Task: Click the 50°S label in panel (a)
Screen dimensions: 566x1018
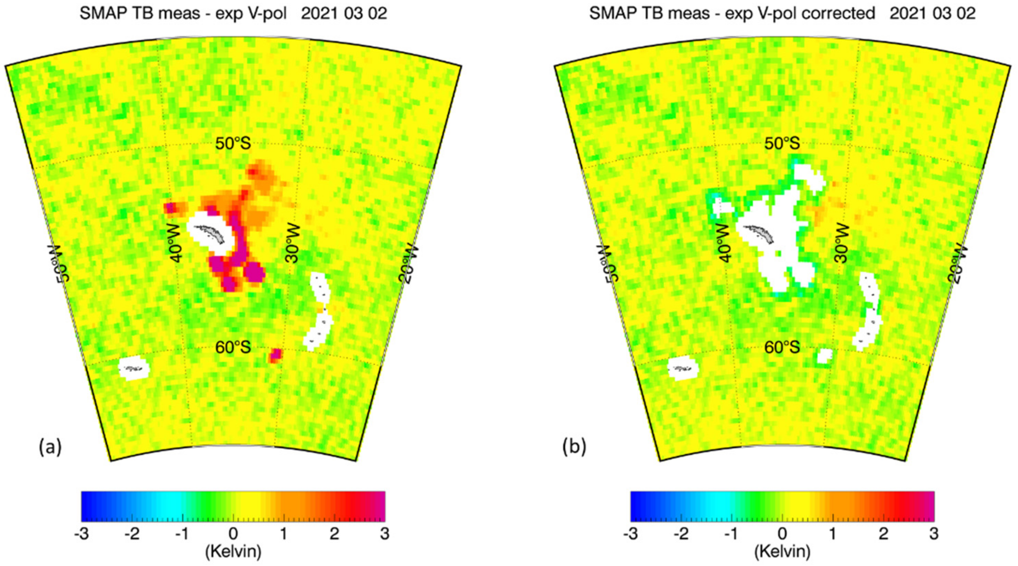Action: pyautogui.click(x=233, y=143)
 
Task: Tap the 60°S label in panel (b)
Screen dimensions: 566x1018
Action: pyautogui.click(x=782, y=347)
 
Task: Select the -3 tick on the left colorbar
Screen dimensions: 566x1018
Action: pyautogui.click(x=81, y=534)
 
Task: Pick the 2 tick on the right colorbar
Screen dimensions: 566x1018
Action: pyautogui.click(x=883, y=534)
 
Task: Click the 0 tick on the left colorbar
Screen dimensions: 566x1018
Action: pyautogui.click(x=233, y=534)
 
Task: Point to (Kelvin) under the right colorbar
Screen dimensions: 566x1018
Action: pyautogui.click(x=782, y=551)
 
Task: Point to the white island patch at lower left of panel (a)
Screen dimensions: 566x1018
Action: pyautogui.click(x=134, y=368)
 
